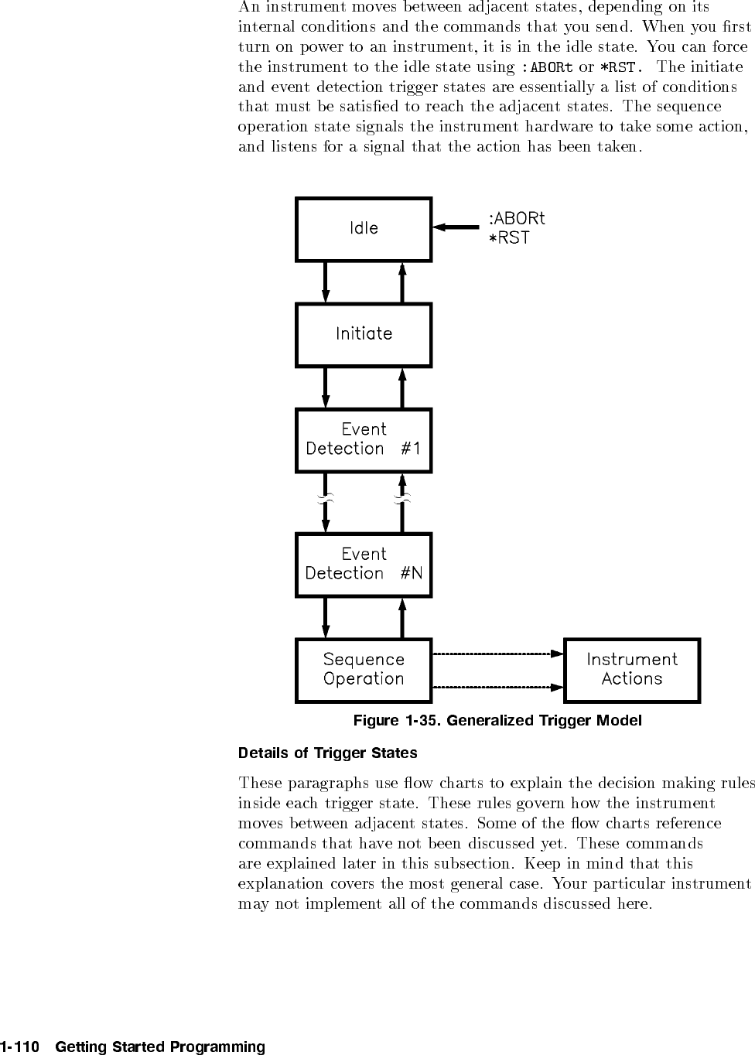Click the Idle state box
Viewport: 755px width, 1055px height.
pyautogui.click(x=364, y=229)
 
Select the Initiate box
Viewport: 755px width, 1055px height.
pyautogui.click(x=364, y=334)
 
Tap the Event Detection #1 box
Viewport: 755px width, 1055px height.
pyautogui.click(x=364, y=439)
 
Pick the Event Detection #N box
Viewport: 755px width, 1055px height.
pyautogui.click(x=364, y=564)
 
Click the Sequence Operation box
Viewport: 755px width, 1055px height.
pyautogui.click(x=364, y=670)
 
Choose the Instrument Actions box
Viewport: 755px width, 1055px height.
pyautogui.click(x=632, y=670)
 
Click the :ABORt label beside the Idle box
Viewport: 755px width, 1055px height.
pyautogui.click(x=517, y=218)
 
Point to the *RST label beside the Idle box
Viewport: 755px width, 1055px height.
pyautogui.click(x=509, y=238)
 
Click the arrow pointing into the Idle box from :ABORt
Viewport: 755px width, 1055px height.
pyautogui.click(x=456, y=227)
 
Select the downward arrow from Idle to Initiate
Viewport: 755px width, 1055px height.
pyautogui.click(x=326, y=282)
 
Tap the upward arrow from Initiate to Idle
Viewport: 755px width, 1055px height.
pyautogui.click(x=402, y=282)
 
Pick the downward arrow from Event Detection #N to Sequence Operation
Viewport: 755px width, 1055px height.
pyautogui.click(x=326, y=617)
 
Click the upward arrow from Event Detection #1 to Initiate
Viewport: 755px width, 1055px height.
pyautogui.click(x=402, y=388)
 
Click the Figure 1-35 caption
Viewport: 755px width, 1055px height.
pyautogui.click(x=497, y=721)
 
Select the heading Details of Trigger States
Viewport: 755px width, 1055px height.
pyautogui.click(x=328, y=753)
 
